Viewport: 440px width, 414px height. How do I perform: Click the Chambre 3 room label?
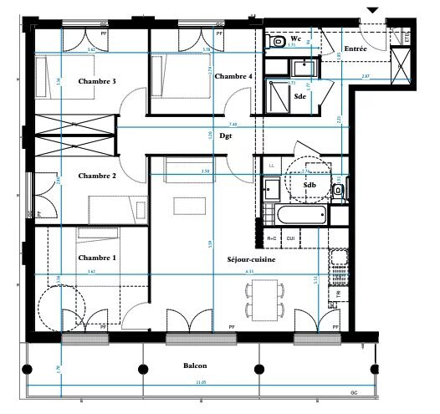pyautogui.click(x=96, y=81)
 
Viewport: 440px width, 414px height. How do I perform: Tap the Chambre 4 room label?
pyautogui.click(x=233, y=76)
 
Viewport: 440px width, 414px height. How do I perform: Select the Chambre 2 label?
pyautogui.click(x=96, y=176)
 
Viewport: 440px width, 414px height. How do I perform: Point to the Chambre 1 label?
pyautogui.click(x=96, y=258)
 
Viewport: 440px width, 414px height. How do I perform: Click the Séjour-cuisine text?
pyautogui.click(x=252, y=259)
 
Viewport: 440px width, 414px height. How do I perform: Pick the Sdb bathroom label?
pyautogui.click(x=310, y=185)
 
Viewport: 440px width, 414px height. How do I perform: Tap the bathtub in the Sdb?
pyautogui.click(x=297, y=216)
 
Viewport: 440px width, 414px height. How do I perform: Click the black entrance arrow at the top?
pyautogui.click(x=372, y=9)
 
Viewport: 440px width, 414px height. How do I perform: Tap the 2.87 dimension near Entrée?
pyautogui.click(x=365, y=76)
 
